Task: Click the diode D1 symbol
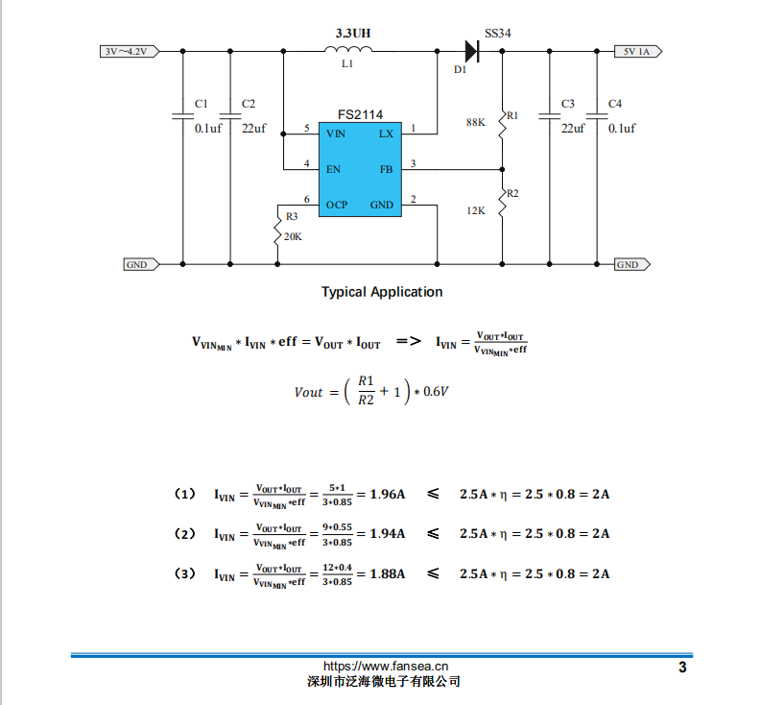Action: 471,51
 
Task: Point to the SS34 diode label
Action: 497,33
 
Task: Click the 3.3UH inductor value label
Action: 352,33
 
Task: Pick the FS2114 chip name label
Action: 359,112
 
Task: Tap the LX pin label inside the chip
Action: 385,134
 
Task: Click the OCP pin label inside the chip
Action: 336,205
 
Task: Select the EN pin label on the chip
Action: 333,169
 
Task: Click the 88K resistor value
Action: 475,123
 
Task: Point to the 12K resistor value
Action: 475,209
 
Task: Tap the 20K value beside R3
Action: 293,236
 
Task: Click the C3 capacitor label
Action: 567,103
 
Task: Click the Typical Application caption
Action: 382,292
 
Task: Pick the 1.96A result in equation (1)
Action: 387,495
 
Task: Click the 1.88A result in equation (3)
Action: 387,573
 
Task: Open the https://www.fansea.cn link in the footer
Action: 386,666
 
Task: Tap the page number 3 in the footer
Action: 682,668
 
